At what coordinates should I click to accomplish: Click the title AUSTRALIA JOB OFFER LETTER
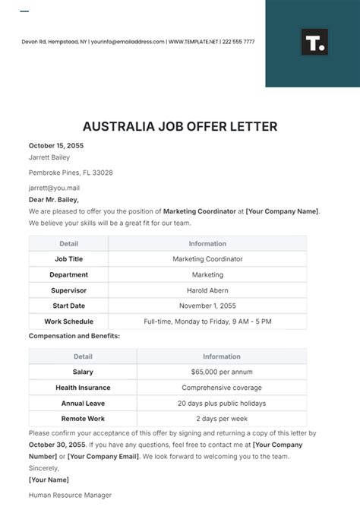click(180, 125)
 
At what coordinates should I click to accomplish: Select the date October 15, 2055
click(56, 144)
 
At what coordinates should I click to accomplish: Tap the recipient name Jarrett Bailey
click(49, 157)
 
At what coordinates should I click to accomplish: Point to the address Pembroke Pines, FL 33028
click(71, 173)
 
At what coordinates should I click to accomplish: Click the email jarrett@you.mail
click(54, 188)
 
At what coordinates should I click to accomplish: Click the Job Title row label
click(68, 259)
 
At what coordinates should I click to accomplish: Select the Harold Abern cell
click(207, 290)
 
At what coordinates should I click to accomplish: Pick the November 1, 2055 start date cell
click(207, 306)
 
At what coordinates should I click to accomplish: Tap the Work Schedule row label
click(68, 322)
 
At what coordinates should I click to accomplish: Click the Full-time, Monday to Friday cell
click(207, 322)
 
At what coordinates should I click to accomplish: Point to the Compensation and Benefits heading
click(74, 335)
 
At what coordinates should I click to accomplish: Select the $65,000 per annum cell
click(221, 372)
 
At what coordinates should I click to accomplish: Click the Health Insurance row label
click(83, 388)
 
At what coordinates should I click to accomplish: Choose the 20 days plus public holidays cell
click(221, 403)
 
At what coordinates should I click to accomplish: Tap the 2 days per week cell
click(221, 419)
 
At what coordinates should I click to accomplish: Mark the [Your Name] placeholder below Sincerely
click(49, 480)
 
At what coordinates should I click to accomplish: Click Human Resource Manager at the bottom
click(70, 495)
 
